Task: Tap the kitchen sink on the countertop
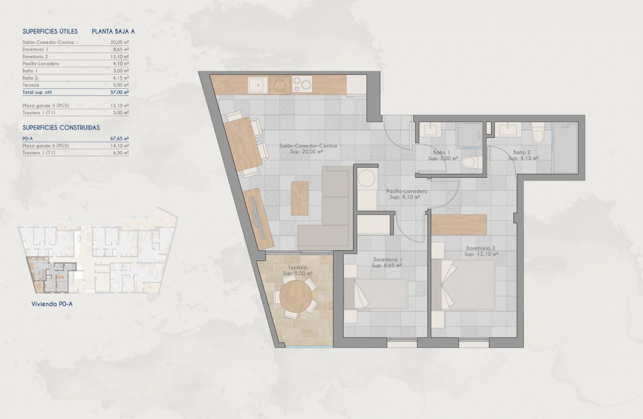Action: (258, 85)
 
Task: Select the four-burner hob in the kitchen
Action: (302, 84)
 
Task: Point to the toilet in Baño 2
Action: (538, 134)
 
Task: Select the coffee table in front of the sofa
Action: (300, 198)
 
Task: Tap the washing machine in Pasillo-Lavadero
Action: (367, 179)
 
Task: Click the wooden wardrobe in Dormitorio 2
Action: (459, 224)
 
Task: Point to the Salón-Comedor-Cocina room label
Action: (308, 146)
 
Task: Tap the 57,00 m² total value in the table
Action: (119, 92)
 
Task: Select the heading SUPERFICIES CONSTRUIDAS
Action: (61, 128)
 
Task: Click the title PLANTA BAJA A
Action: (113, 31)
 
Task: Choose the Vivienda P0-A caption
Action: (52, 303)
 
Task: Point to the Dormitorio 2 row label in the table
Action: (35, 56)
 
